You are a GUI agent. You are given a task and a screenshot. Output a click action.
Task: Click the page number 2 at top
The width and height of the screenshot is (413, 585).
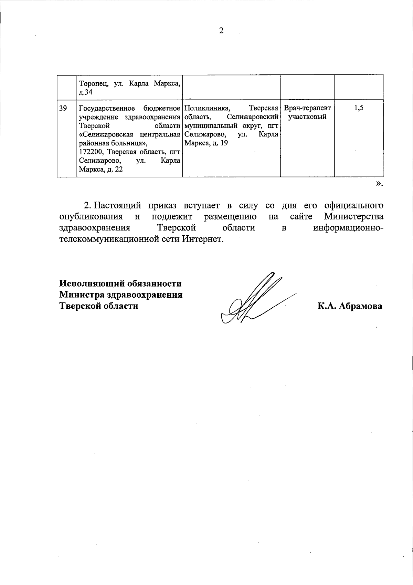point(221,31)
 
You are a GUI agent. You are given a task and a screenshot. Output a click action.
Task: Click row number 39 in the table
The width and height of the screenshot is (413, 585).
point(63,108)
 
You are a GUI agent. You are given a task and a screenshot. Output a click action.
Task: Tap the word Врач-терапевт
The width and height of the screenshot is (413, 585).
point(307,108)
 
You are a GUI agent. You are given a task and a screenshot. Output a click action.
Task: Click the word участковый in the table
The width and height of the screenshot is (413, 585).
point(307,117)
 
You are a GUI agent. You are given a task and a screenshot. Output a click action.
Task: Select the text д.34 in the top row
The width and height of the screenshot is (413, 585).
point(85,92)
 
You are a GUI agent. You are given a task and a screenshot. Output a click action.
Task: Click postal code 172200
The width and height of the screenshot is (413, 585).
point(91,152)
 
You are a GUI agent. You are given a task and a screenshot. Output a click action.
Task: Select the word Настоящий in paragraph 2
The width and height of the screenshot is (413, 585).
point(117,206)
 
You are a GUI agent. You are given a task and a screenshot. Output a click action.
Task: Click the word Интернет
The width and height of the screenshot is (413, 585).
point(203,239)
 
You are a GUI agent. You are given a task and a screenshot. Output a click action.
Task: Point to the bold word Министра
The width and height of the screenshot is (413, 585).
point(82,295)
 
